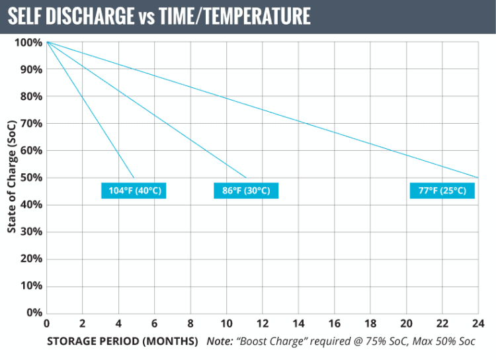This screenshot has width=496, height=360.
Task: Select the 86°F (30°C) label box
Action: (246, 191)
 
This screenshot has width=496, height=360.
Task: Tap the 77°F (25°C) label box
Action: (442, 191)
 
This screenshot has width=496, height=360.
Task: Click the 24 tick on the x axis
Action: (478, 324)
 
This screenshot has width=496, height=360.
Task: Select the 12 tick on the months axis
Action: (263, 324)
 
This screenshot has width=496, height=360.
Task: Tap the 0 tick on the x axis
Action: (46, 324)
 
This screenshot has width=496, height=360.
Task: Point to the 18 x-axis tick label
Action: (370, 324)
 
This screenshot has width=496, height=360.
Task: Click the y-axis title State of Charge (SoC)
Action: (12, 177)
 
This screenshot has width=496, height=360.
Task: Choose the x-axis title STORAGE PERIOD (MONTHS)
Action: (122, 341)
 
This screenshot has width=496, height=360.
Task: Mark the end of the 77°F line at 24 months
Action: (478, 177)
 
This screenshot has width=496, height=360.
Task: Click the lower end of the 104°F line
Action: (134, 177)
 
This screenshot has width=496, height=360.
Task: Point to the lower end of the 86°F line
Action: (246, 177)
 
